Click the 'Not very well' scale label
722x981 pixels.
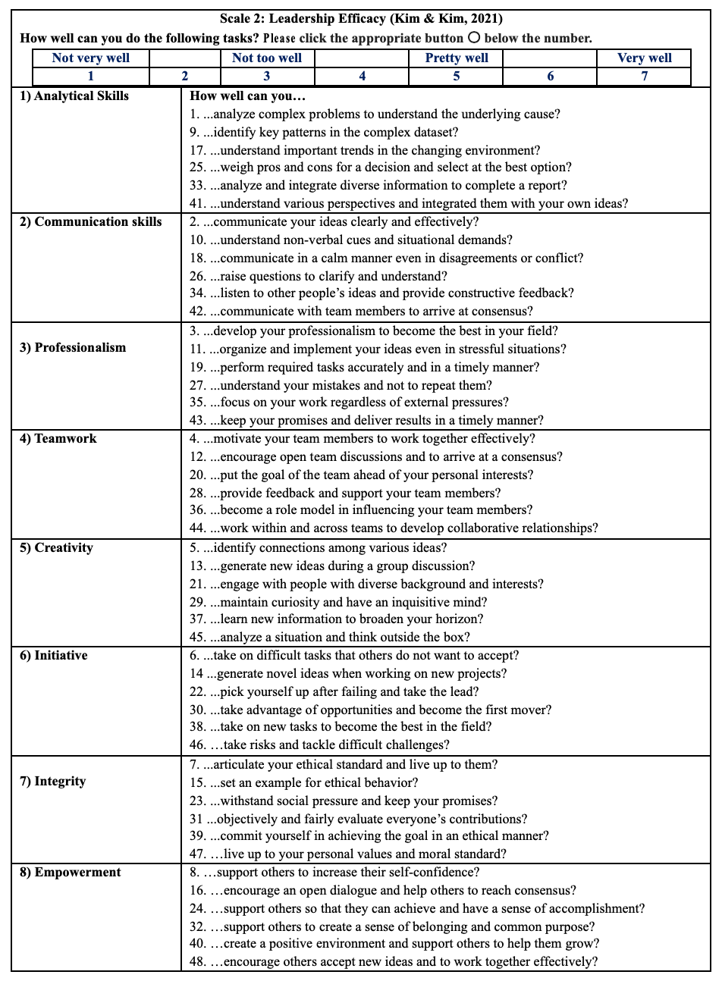(x=91, y=58)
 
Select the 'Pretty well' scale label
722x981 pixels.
(x=457, y=58)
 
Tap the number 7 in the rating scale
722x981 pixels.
(x=644, y=76)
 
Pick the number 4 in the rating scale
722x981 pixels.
(x=363, y=76)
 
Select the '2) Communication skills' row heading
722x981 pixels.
(x=91, y=222)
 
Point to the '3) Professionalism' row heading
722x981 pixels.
(x=73, y=348)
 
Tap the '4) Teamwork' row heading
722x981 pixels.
(x=58, y=439)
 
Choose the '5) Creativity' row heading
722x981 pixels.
(x=56, y=548)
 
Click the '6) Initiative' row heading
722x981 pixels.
(x=54, y=656)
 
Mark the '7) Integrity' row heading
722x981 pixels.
(x=53, y=782)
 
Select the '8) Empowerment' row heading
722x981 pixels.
(x=71, y=873)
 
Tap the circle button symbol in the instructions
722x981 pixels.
(x=474, y=38)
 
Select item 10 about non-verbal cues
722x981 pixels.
(x=351, y=240)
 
